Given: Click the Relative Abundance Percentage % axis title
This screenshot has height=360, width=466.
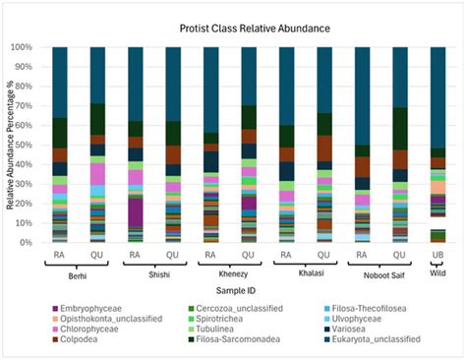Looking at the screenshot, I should click(10, 144).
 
